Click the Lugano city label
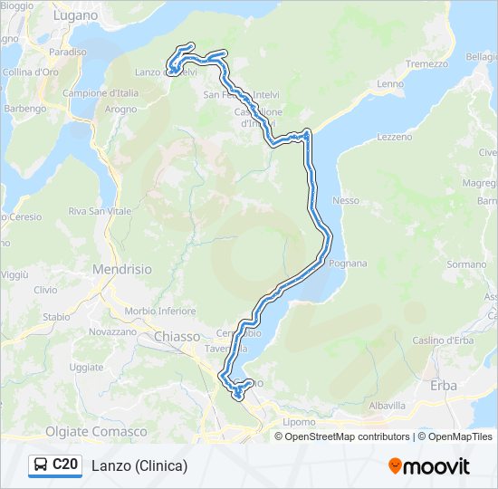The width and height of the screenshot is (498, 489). (x=74, y=15)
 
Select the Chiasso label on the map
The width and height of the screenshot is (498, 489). (x=177, y=336)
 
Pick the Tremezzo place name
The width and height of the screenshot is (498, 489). (x=426, y=64)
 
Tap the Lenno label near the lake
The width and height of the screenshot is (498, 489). (x=390, y=84)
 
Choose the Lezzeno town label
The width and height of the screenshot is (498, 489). (x=394, y=137)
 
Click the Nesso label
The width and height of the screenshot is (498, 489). (x=346, y=200)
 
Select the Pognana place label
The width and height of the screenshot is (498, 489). (x=349, y=264)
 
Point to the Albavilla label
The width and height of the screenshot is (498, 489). (x=388, y=406)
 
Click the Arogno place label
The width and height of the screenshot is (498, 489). (x=120, y=109)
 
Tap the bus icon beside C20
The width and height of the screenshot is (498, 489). (x=41, y=465)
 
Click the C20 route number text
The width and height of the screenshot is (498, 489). (x=64, y=465)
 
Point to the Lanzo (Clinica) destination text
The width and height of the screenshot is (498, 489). (x=139, y=465)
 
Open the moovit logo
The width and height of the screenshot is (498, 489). (x=429, y=465)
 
